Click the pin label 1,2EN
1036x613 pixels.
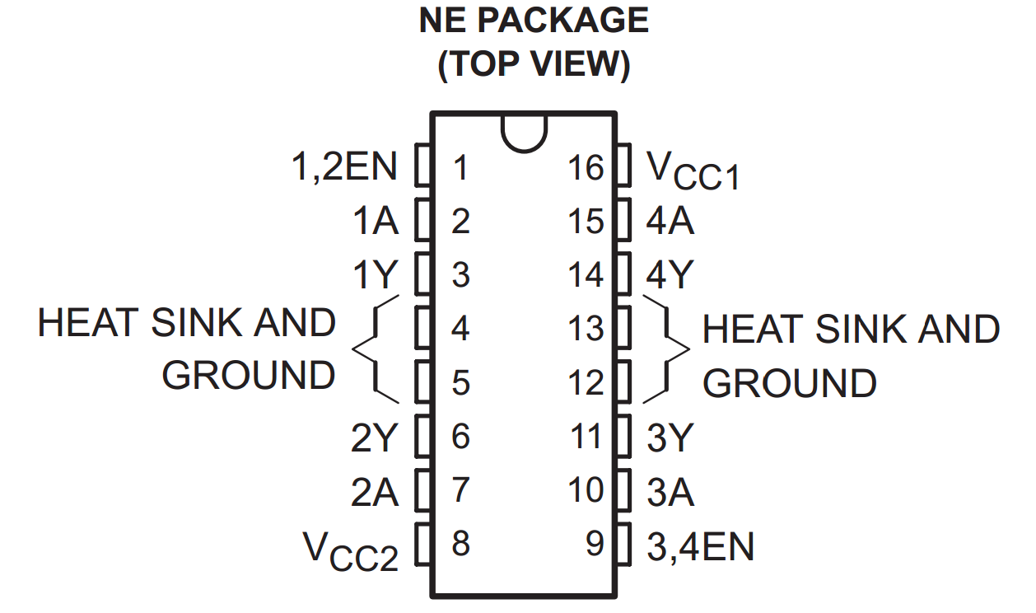344,167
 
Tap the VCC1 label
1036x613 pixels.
693,171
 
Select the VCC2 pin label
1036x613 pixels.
350,550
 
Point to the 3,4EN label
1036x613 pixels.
700,546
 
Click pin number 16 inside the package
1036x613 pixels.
586,168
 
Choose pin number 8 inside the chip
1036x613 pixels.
460,544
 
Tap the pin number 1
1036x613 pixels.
460,168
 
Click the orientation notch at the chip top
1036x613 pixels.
523,132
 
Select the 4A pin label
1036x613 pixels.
670,222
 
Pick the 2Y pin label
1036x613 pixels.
375,438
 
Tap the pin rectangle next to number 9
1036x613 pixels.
623,544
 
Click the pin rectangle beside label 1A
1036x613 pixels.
423,221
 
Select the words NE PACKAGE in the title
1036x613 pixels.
533,21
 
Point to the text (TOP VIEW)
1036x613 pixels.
533,64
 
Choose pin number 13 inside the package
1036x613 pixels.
586,329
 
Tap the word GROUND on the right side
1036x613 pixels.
789,384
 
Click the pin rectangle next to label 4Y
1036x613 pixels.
623,274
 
